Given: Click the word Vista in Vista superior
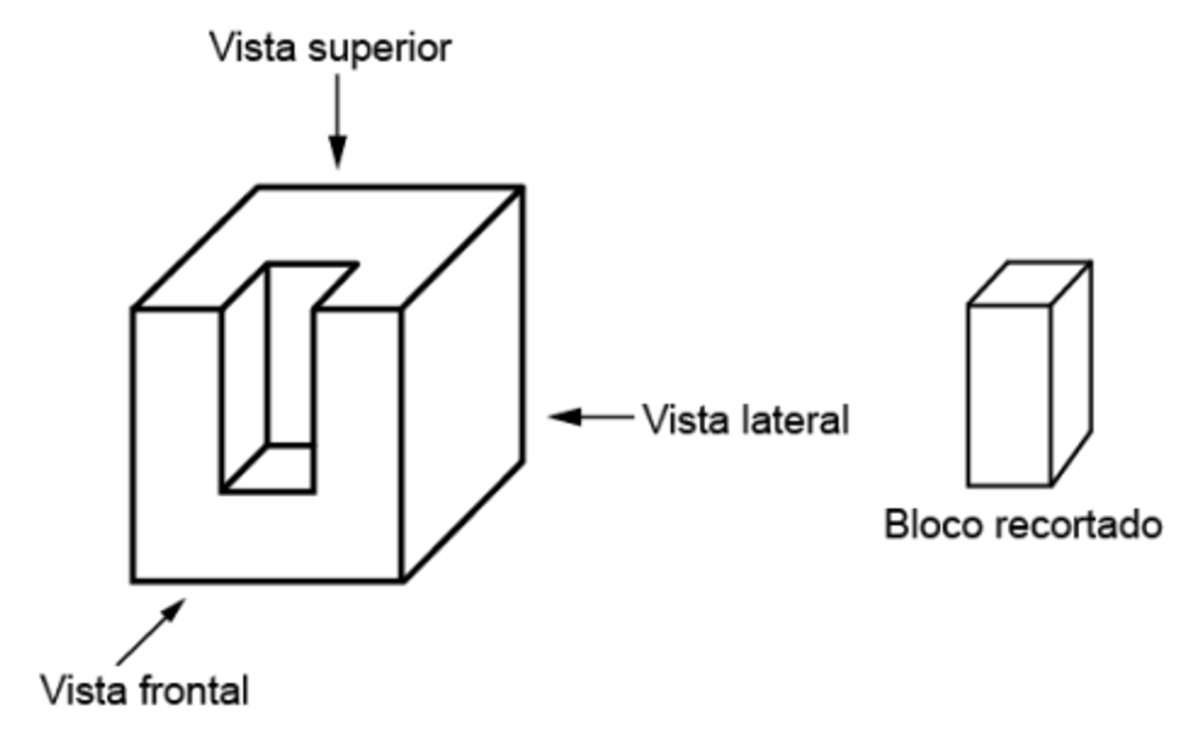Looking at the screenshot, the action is coord(253,48).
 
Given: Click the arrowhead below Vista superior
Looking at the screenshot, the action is coord(337,152).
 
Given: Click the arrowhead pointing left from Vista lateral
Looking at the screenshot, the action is coord(565,417).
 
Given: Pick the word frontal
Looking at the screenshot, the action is coord(194,690).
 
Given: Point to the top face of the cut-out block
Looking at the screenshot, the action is coord(1029,284).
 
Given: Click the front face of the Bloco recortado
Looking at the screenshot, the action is coord(1010,396).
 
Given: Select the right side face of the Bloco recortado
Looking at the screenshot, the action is coord(1072,372).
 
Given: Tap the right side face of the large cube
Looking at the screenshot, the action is coord(462,383).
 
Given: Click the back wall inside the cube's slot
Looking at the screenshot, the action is coord(290,353).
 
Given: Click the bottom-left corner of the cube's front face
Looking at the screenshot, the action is coord(133,581).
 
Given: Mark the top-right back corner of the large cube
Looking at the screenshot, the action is coord(523,187).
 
